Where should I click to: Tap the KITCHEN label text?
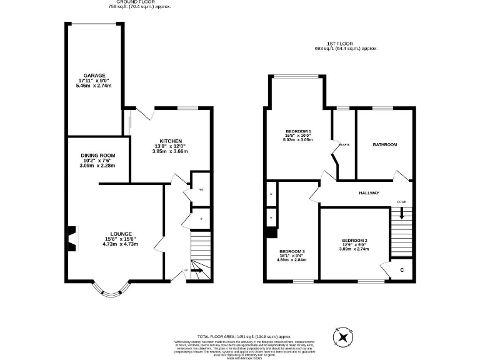click(171, 141)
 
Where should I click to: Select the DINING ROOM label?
click(98, 155)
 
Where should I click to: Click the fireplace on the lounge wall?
click(71, 238)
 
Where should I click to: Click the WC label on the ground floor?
click(201, 189)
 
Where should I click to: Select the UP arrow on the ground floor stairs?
click(196, 271)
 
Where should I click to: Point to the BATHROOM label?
click(384, 145)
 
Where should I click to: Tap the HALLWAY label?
click(369, 193)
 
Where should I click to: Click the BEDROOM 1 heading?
click(298, 131)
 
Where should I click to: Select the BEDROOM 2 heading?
click(354, 241)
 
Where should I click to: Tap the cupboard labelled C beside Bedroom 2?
click(400, 269)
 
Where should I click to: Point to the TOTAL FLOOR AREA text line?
click(239, 336)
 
